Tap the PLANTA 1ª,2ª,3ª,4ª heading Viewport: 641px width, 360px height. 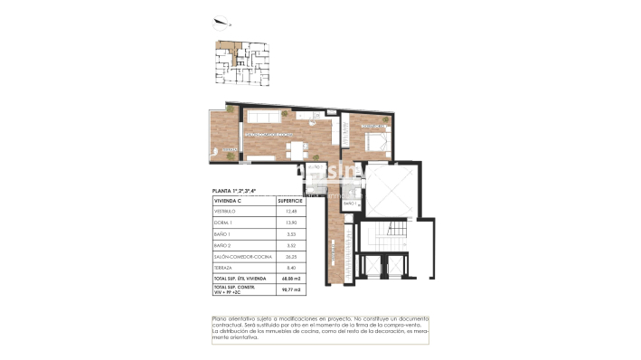click(234, 191)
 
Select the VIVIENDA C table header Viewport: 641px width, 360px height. click(228, 201)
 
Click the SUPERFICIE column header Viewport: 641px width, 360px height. click(290, 201)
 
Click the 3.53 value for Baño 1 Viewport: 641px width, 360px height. click(290, 234)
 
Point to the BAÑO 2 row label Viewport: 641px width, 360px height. click(223, 245)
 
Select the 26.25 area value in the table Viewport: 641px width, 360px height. click(290, 256)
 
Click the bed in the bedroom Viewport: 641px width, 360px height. click(375, 140)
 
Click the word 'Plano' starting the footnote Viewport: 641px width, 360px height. click(221, 318)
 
